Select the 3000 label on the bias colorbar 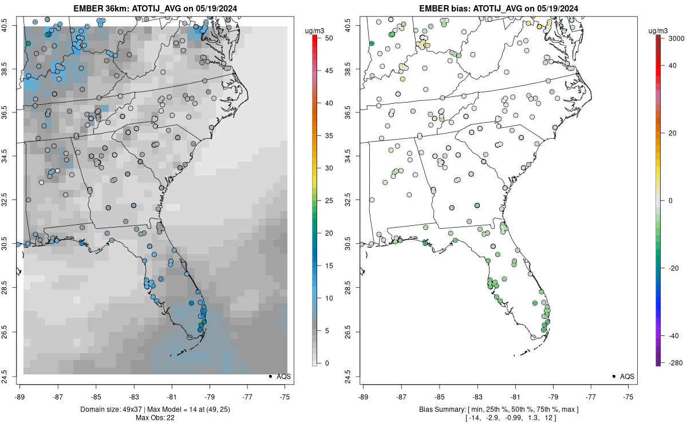coord(673,38)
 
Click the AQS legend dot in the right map coord(613,376)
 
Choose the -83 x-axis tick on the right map coord(476,395)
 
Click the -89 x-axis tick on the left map coord(19,395)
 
